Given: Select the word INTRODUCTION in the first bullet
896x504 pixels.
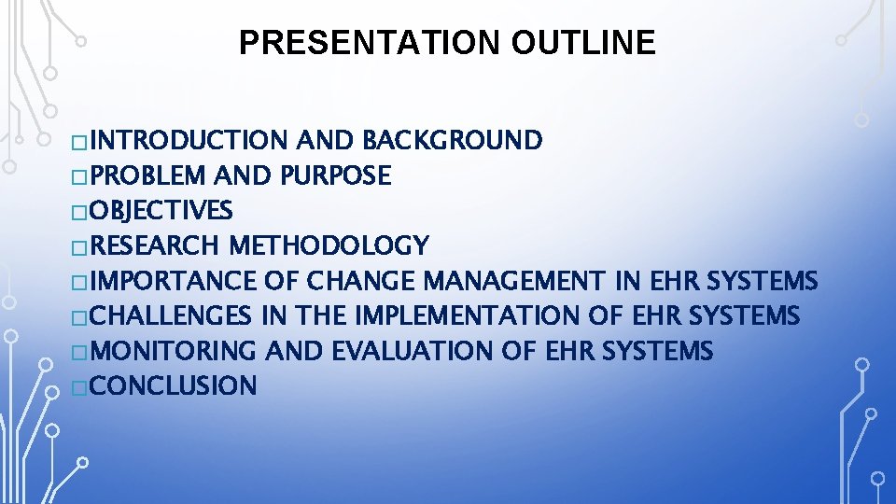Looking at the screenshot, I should tap(190, 141).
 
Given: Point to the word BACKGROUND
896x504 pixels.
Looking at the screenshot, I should tap(452, 141).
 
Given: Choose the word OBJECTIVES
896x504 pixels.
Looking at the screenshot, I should tap(162, 211).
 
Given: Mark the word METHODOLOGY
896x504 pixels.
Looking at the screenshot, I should tap(329, 245).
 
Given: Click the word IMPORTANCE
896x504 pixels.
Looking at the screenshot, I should tap(175, 281).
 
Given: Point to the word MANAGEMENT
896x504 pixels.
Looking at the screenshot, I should tap(515, 281).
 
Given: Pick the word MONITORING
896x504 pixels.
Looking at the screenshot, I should tap(175, 351).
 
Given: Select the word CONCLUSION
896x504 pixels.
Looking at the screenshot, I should tap(175, 385).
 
